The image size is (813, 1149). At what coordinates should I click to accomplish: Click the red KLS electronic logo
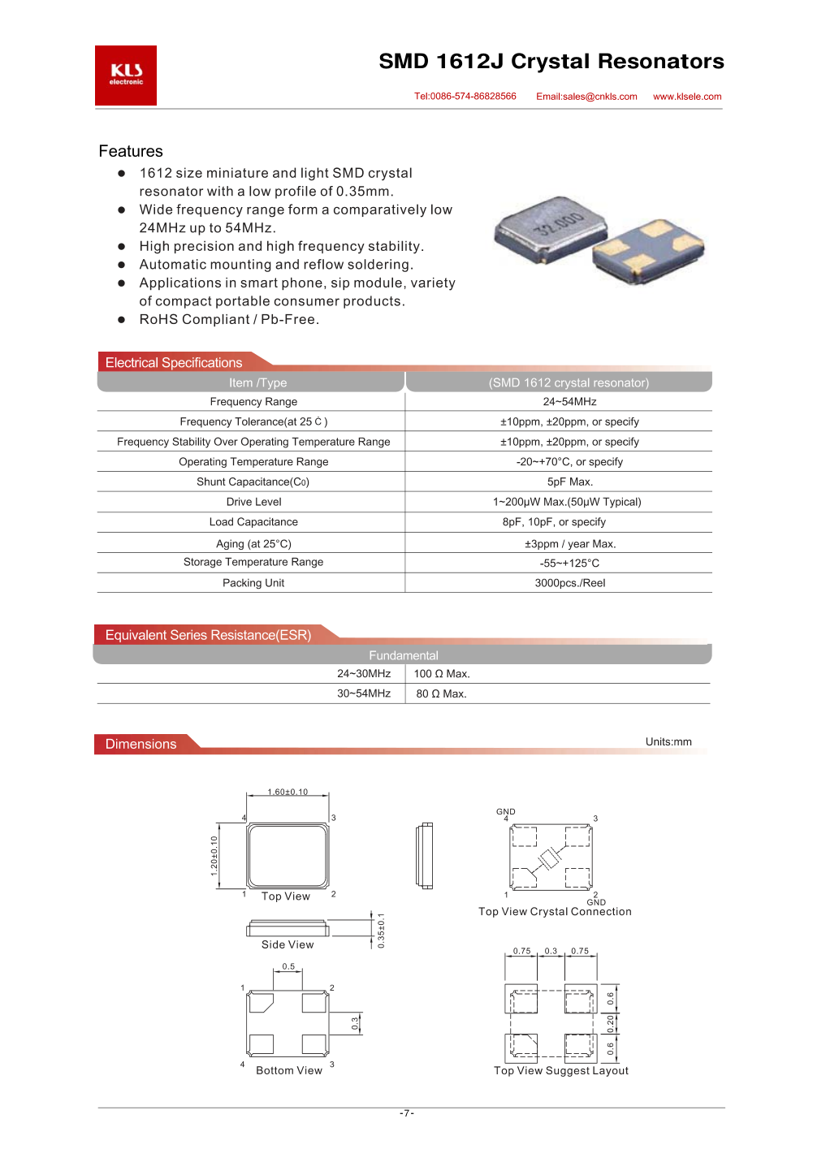[126, 76]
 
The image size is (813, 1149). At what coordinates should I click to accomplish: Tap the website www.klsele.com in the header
[687, 97]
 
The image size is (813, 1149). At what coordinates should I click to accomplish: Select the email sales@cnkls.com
[586, 97]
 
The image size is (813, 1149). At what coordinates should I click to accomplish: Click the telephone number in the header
[465, 97]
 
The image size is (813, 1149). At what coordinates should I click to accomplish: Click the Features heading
[131, 152]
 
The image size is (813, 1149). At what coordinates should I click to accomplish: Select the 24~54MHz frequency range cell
[569, 402]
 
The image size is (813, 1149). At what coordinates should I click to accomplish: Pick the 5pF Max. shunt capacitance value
[569, 482]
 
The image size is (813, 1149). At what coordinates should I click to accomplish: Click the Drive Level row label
[253, 503]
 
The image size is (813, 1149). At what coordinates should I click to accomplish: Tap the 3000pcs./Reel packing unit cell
[569, 583]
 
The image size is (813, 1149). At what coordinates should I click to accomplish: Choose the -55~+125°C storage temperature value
[569, 564]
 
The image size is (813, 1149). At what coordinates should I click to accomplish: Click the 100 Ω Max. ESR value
[442, 674]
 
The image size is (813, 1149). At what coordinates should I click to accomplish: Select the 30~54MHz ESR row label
[364, 694]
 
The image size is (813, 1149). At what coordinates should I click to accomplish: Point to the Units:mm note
[668, 742]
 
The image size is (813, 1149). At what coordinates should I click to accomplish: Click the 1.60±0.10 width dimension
[288, 793]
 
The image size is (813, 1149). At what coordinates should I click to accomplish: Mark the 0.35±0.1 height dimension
[381, 931]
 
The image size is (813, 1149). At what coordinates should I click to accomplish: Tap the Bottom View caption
[289, 1071]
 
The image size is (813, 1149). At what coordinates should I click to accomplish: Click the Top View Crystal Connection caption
[555, 912]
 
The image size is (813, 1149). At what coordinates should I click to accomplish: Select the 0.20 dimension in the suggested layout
[611, 1024]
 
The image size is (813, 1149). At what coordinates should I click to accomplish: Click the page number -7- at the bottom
[407, 1113]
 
